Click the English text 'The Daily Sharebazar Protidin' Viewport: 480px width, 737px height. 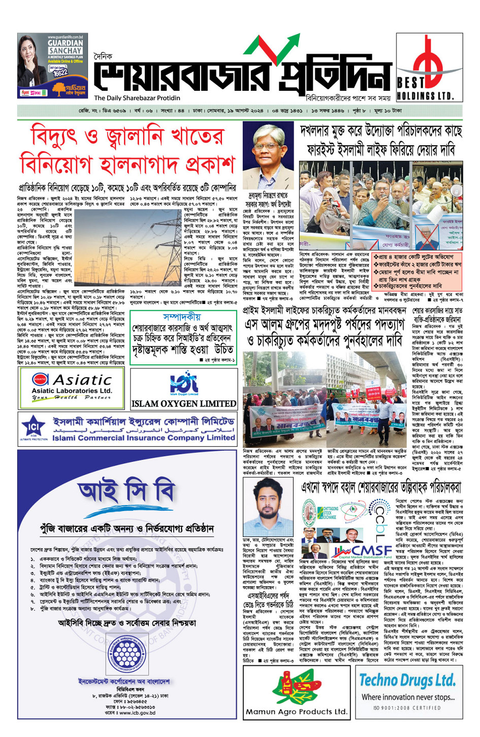[137, 98]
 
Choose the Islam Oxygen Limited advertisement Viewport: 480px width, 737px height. [184, 388]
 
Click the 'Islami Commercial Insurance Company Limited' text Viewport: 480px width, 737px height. [143, 438]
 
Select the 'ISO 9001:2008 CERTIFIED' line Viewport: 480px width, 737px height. [407, 708]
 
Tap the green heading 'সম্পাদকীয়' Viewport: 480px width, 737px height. [182, 316]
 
